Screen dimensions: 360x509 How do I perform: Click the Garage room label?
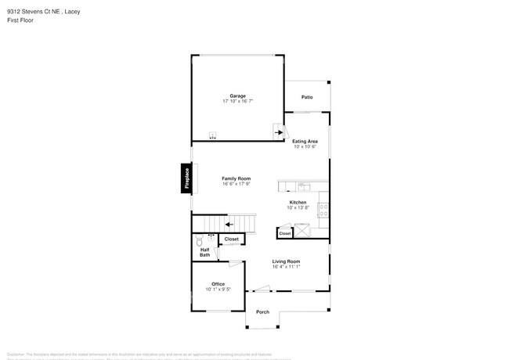237,96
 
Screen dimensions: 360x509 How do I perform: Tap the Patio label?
308,97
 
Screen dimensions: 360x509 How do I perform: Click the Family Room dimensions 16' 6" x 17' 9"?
236,184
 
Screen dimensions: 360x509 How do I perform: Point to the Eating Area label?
305,141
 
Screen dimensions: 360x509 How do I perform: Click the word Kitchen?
298,202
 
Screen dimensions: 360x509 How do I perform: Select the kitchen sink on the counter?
305,186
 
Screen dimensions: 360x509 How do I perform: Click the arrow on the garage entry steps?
278,133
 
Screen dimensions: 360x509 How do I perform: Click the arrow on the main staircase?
229,224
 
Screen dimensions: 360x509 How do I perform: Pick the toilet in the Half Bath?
211,240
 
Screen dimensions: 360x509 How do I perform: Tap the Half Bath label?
204,253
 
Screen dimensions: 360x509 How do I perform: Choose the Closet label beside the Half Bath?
232,239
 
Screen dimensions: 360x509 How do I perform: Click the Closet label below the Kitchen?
285,233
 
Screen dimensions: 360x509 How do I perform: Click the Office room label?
218,284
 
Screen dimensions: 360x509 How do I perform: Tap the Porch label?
263,312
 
